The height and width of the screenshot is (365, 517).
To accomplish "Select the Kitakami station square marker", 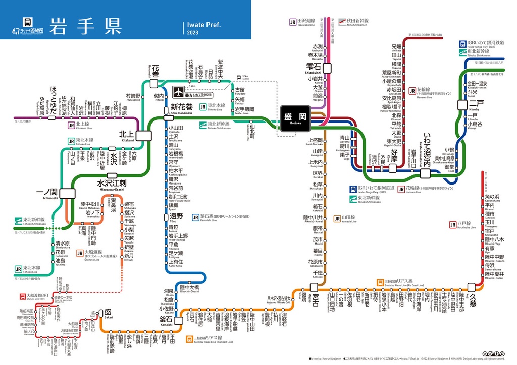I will [143, 135].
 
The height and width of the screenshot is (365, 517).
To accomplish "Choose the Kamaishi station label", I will [166, 320].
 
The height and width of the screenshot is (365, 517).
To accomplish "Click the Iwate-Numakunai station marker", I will [425, 173].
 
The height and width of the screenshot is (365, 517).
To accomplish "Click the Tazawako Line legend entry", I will [305, 22].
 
